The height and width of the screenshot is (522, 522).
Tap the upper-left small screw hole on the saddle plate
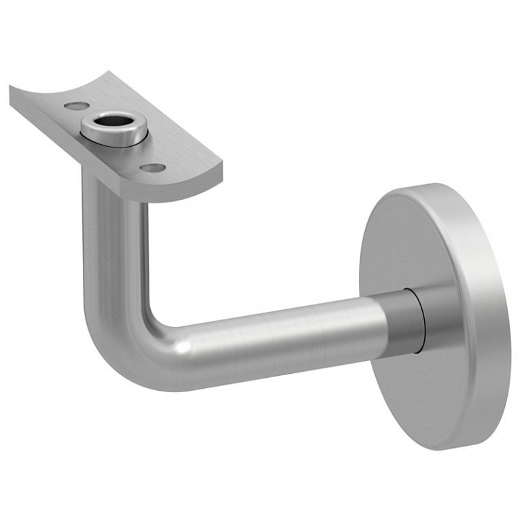(75, 106)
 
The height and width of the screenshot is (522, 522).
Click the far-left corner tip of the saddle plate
(12, 88)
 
